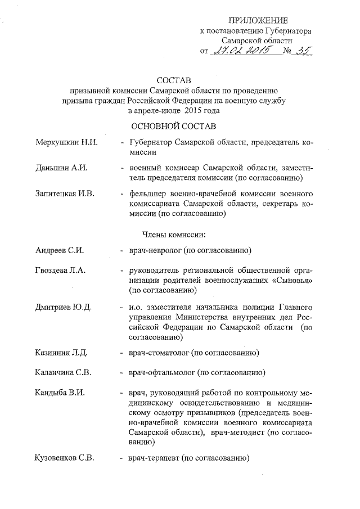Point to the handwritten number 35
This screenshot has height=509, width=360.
(x=302, y=51)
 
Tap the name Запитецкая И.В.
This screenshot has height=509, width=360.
(x=66, y=193)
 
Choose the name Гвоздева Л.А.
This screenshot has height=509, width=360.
(x=60, y=271)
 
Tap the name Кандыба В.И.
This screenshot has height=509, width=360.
(x=60, y=392)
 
